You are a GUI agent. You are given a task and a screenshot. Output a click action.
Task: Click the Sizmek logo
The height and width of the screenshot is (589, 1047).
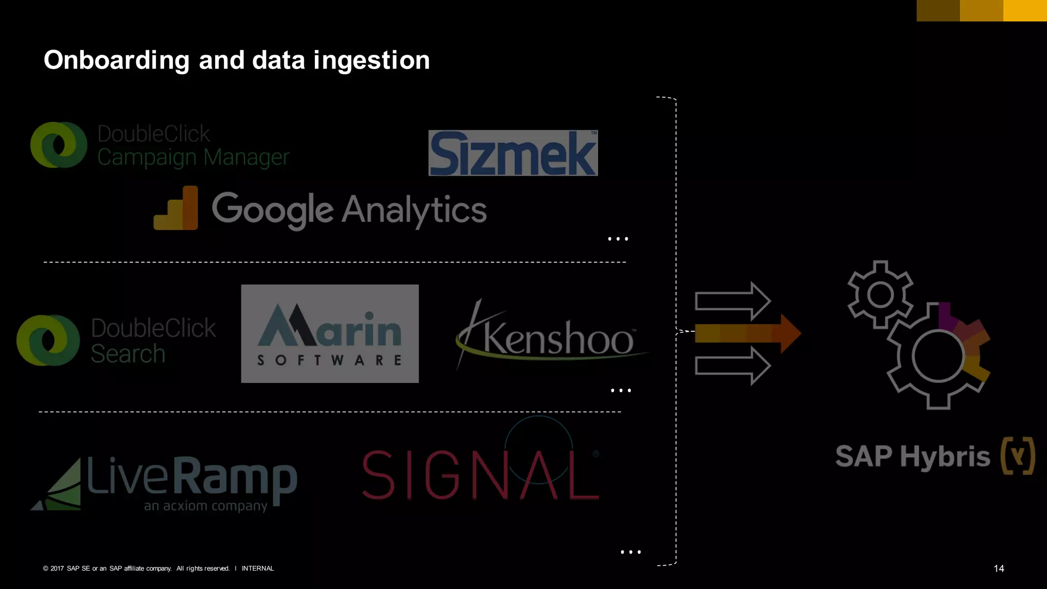(513, 153)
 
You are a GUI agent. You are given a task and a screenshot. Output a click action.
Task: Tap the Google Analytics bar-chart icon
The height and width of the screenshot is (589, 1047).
(176, 209)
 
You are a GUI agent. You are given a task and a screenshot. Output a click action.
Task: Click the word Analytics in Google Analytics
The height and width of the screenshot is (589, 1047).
(414, 210)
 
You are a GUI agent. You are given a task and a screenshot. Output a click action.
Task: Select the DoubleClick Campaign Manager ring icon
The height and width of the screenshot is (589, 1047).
(59, 145)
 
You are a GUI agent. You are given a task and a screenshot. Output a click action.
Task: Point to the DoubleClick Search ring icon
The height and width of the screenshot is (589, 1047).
(48, 340)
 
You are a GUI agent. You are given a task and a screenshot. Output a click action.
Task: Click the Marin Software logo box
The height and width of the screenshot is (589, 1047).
(330, 333)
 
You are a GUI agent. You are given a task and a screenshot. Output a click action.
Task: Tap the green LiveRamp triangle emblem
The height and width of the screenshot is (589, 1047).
(59, 486)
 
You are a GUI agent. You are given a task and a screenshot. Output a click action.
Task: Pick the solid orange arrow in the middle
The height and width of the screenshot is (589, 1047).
(747, 333)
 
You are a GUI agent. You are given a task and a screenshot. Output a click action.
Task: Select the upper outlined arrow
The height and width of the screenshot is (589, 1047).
(733, 301)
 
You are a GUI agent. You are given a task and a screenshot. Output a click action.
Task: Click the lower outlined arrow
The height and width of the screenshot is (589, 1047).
(733, 366)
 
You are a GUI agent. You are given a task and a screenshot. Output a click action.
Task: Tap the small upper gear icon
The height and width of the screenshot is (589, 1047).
(880, 294)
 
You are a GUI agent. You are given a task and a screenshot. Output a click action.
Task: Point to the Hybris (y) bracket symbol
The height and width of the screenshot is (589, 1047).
(1018, 456)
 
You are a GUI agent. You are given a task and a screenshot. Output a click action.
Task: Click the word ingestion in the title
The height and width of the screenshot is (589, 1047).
(372, 60)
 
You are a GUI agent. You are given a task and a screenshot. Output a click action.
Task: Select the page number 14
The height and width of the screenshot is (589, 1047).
(998, 569)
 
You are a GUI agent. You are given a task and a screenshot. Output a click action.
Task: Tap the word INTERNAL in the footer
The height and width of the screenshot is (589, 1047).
(258, 569)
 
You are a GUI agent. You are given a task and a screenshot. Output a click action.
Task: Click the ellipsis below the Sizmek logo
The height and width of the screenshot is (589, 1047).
(618, 239)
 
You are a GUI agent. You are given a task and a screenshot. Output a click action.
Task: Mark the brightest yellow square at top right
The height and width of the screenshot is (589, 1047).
(1025, 11)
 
